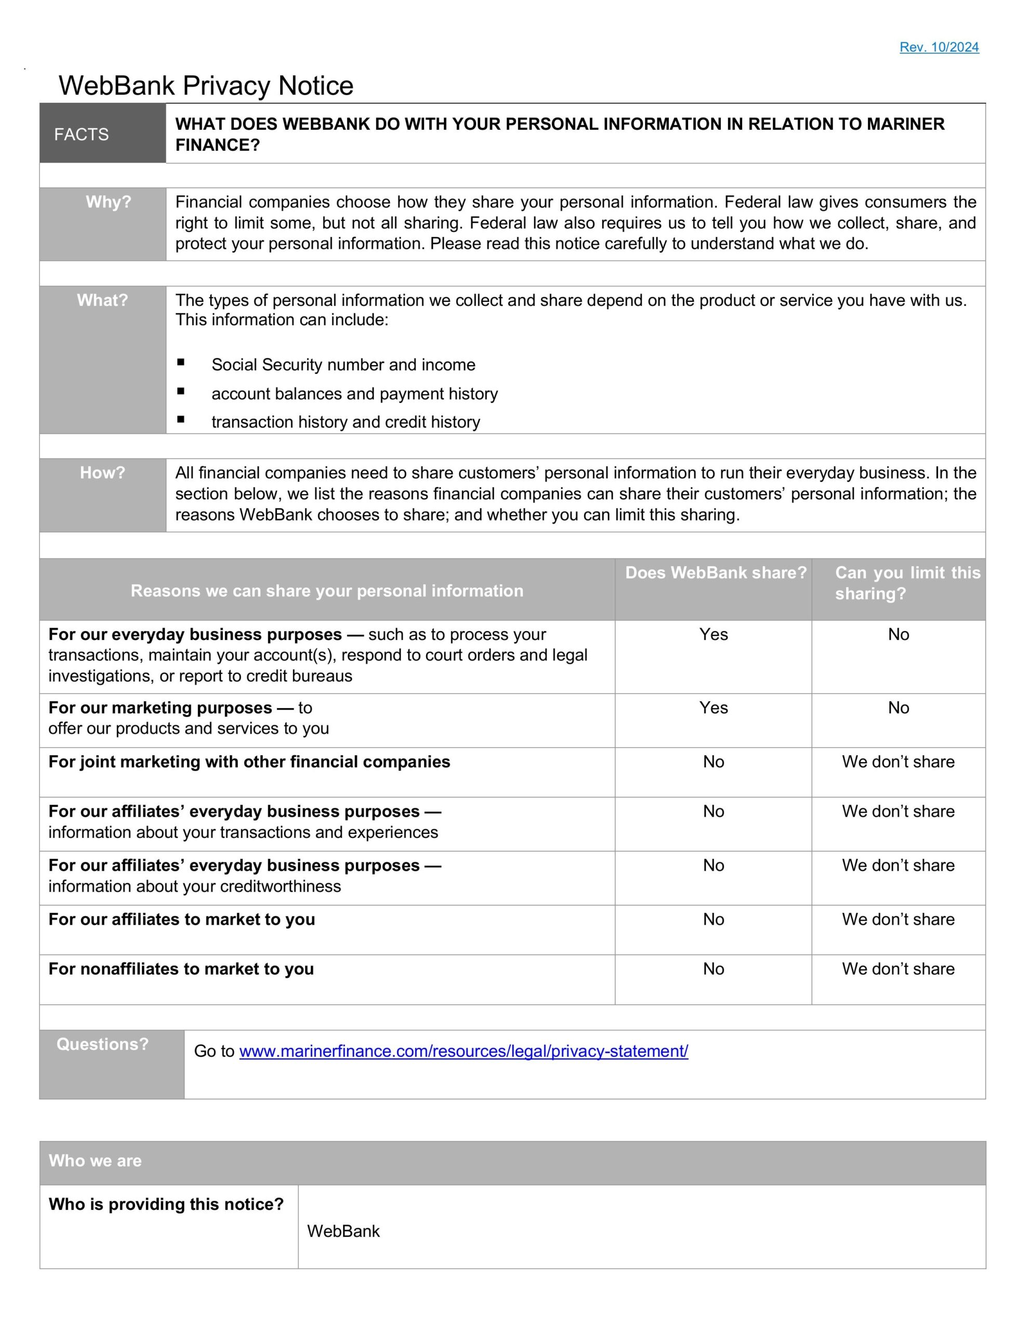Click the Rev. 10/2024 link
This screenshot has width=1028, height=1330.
tap(939, 47)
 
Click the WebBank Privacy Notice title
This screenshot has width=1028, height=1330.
tap(206, 85)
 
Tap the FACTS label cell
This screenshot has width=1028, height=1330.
tap(82, 134)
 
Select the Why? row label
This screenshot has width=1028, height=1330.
tap(108, 202)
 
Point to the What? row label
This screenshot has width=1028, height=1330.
tap(102, 300)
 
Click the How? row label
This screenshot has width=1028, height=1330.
tap(102, 473)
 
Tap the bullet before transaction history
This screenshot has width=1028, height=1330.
tap(181, 420)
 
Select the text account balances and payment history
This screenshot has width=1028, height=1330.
tap(354, 394)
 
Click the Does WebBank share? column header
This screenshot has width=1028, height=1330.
tap(716, 573)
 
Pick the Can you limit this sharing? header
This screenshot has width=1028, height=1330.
tap(907, 583)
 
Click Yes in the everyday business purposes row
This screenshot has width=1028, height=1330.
tap(713, 634)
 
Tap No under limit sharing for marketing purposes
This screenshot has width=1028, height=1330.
tap(898, 708)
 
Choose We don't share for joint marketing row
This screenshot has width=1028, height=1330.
tap(898, 762)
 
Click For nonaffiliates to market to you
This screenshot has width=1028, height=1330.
tap(181, 969)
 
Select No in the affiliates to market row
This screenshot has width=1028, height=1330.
tap(713, 920)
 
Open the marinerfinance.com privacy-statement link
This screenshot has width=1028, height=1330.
tap(463, 1051)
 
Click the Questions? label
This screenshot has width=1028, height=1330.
tap(102, 1044)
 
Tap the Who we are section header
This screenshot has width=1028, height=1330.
tap(95, 1161)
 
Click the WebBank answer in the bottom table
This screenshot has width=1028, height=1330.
tap(343, 1231)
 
